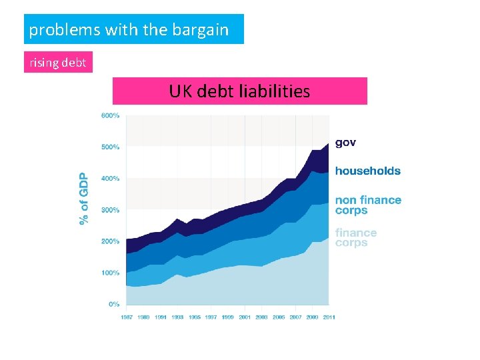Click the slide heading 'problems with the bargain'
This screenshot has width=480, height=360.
pyautogui.click(x=129, y=30)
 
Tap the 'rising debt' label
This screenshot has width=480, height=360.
pyautogui.click(x=57, y=63)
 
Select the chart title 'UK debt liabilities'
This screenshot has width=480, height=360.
pyautogui.click(x=239, y=91)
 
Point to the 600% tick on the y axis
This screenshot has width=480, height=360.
pyautogui.click(x=110, y=115)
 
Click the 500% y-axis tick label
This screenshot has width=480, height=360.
pyautogui.click(x=110, y=147)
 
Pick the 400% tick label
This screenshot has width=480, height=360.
pyautogui.click(x=110, y=178)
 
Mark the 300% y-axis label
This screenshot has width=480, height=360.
pyautogui.click(x=110, y=210)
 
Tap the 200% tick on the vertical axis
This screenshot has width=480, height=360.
pyautogui.click(x=110, y=241)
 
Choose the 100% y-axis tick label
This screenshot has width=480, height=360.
pyautogui.click(x=110, y=273)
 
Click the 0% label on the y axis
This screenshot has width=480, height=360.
pyautogui.click(x=114, y=304)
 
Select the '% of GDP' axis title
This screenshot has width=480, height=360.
pyautogui.click(x=83, y=199)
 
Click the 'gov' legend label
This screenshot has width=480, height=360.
pyautogui.click(x=345, y=143)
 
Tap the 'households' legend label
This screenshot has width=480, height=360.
pyautogui.click(x=367, y=171)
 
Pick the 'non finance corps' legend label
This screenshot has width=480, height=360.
pyautogui.click(x=367, y=205)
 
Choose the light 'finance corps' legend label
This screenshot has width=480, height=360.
pyautogui.click(x=355, y=237)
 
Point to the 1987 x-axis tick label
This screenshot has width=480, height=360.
pyautogui.click(x=127, y=317)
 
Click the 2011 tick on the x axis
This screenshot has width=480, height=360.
pyautogui.click(x=329, y=317)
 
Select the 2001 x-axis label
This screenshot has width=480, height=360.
pyautogui.click(x=245, y=317)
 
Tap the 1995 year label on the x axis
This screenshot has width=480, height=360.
pyautogui.click(x=194, y=317)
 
